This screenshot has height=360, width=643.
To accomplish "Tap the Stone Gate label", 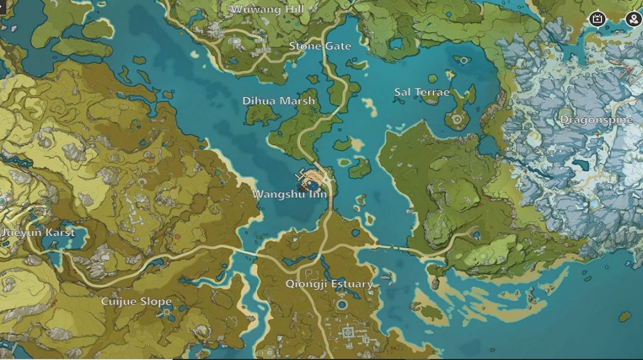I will click(320, 46).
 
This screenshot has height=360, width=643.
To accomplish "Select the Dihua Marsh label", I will click(279, 101).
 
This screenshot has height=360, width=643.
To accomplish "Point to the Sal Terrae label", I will click(422, 92).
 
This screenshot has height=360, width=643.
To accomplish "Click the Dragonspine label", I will click(596, 120).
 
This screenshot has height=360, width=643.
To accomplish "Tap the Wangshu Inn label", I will click(289, 194).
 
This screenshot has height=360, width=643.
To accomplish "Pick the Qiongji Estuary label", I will click(329, 284).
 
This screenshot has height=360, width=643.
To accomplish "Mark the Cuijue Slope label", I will click(136, 302).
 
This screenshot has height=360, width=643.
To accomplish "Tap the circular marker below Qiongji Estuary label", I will click(342, 305).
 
